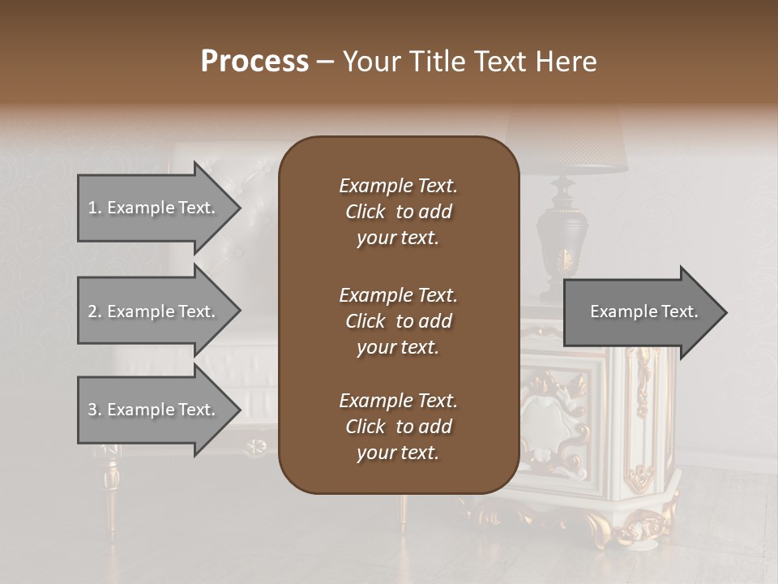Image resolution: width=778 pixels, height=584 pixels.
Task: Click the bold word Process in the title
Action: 254,62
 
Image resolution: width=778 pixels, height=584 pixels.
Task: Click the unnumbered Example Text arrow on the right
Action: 644,311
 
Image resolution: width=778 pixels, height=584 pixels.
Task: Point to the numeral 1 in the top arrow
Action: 92,208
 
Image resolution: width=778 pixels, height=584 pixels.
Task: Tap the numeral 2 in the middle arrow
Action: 92,311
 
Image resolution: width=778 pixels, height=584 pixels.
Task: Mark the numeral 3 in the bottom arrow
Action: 92,410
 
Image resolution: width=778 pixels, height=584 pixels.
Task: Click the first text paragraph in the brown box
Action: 398,212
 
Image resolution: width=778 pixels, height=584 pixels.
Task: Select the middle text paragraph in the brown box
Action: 398,321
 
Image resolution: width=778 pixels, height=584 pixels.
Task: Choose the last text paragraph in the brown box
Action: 398,427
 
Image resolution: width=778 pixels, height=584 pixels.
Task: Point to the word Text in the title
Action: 502,62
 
